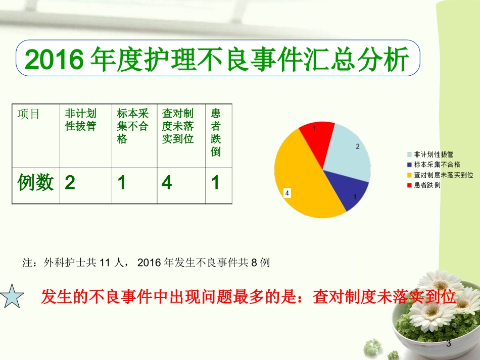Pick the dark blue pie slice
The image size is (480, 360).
343,190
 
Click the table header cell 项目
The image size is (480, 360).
28,114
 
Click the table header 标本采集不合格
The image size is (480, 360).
133,126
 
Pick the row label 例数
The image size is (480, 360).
35,182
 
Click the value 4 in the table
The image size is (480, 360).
167,183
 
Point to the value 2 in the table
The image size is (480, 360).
70,183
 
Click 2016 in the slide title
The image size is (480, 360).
53,62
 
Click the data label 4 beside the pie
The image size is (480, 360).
287,193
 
